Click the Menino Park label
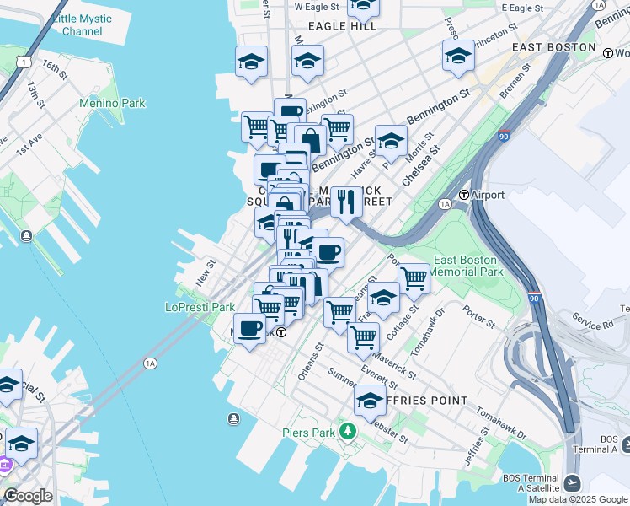tap(112, 103)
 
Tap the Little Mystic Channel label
tap(82, 24)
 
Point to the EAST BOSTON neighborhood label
tap(553, 47)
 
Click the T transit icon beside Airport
tap(463, 196)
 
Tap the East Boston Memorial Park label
tap(467, 266)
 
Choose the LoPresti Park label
tap(200, 307)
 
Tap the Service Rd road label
tap(593, 323)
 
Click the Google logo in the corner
tap(27, 496)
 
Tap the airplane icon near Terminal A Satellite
tap(573, 483)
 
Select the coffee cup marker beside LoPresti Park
tap(249, 327)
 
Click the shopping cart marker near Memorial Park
tap(413, 277)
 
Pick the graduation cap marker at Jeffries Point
tap(370, 400)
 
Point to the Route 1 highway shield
tap(28, 62)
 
